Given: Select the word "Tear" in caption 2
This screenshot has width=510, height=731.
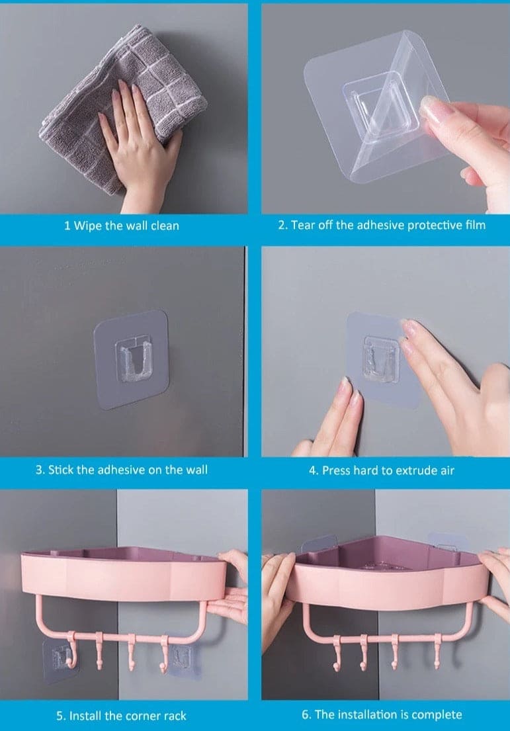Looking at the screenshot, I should point(304,225).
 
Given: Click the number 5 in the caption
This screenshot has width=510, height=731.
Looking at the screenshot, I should point(59,715).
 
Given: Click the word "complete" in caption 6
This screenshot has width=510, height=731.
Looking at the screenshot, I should point(439,714).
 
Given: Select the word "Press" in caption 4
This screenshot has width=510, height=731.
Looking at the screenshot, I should point(337,470).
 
